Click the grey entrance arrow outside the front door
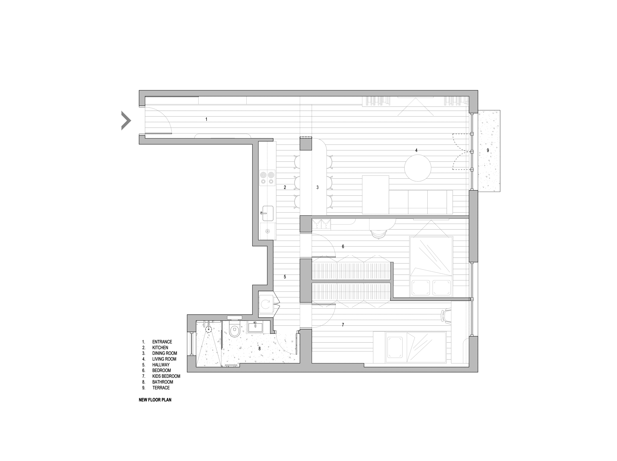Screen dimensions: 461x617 point(126,120)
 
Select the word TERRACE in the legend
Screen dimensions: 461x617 point(161,388)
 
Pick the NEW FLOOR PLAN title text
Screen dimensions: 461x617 point(155,400)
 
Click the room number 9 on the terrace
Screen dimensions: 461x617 point(488,150)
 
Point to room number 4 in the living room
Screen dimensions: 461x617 point(416,150)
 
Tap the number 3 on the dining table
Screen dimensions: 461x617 point(317,187)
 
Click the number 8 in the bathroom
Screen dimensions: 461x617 point(259,349)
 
